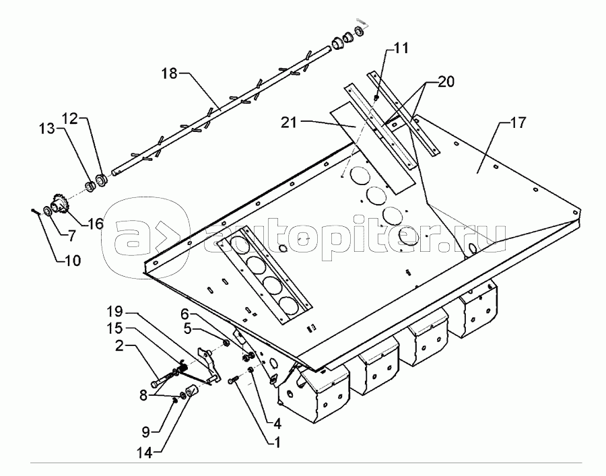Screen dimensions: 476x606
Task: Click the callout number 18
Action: coord(169,73)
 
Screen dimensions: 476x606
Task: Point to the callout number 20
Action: coord(445,83)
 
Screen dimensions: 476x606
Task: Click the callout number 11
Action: coord(401,48)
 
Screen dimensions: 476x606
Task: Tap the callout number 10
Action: coord(71,259)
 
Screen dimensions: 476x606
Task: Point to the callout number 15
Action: coord(115,330)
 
